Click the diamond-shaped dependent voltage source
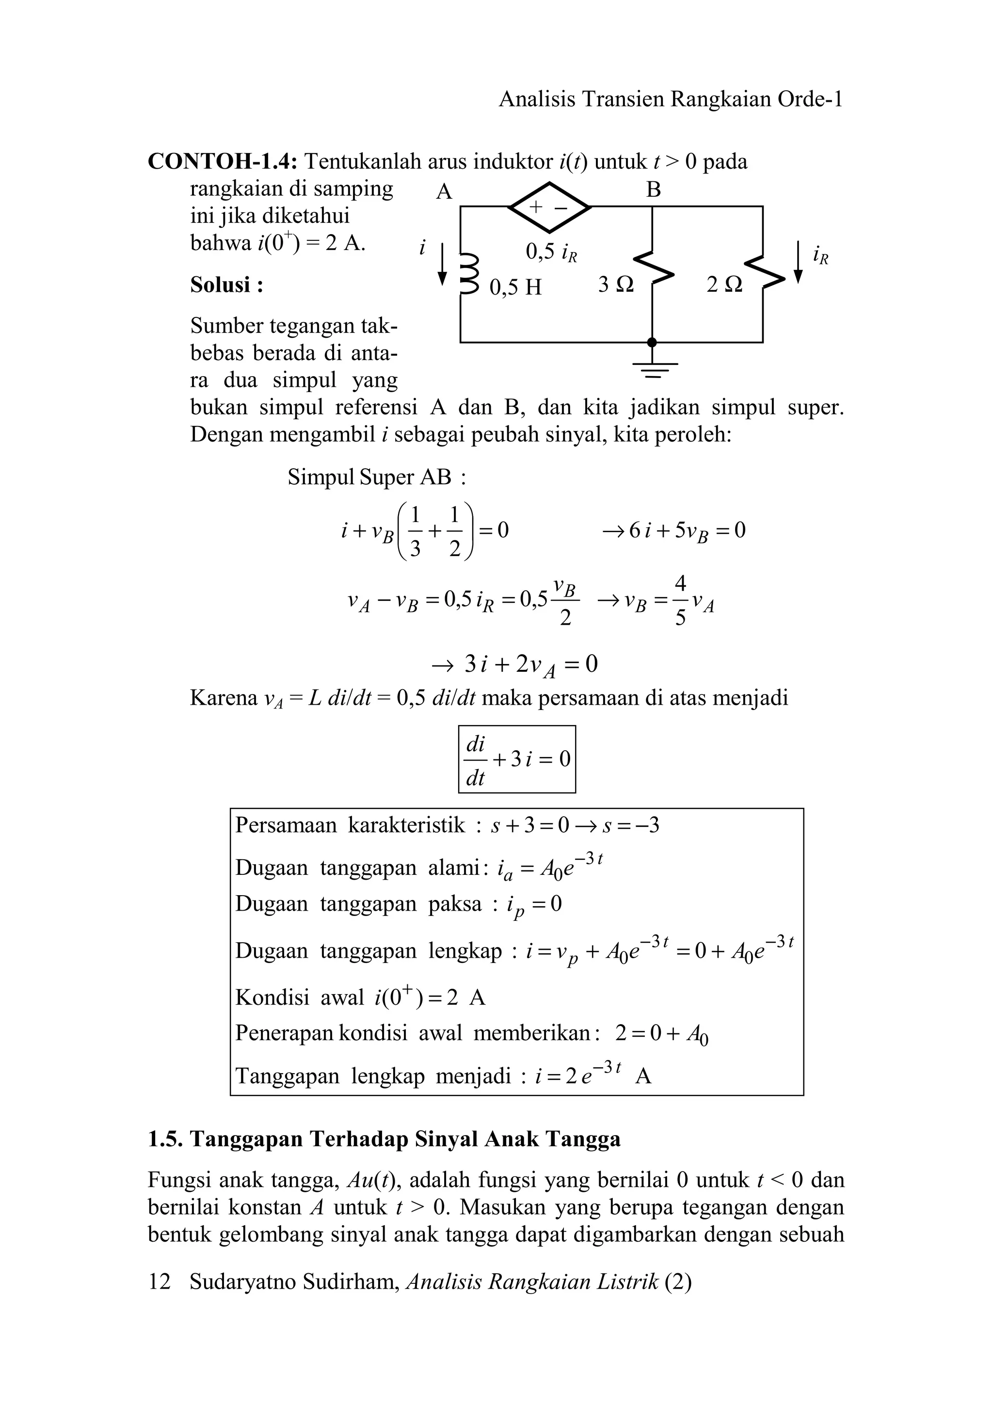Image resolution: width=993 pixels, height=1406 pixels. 549,207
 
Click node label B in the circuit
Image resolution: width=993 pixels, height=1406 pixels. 654,190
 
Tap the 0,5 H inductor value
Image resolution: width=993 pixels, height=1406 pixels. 516,286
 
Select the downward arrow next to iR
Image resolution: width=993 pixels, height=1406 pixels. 798,262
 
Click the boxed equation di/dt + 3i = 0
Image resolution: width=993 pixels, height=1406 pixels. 517,759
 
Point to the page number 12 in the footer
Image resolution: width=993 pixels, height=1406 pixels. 159,1282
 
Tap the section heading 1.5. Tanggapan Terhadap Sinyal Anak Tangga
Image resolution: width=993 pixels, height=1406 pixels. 384,1139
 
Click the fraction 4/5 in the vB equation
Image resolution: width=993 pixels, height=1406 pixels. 680,600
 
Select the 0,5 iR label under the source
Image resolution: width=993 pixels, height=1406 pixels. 551,252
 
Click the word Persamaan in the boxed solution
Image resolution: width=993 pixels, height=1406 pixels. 286,825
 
